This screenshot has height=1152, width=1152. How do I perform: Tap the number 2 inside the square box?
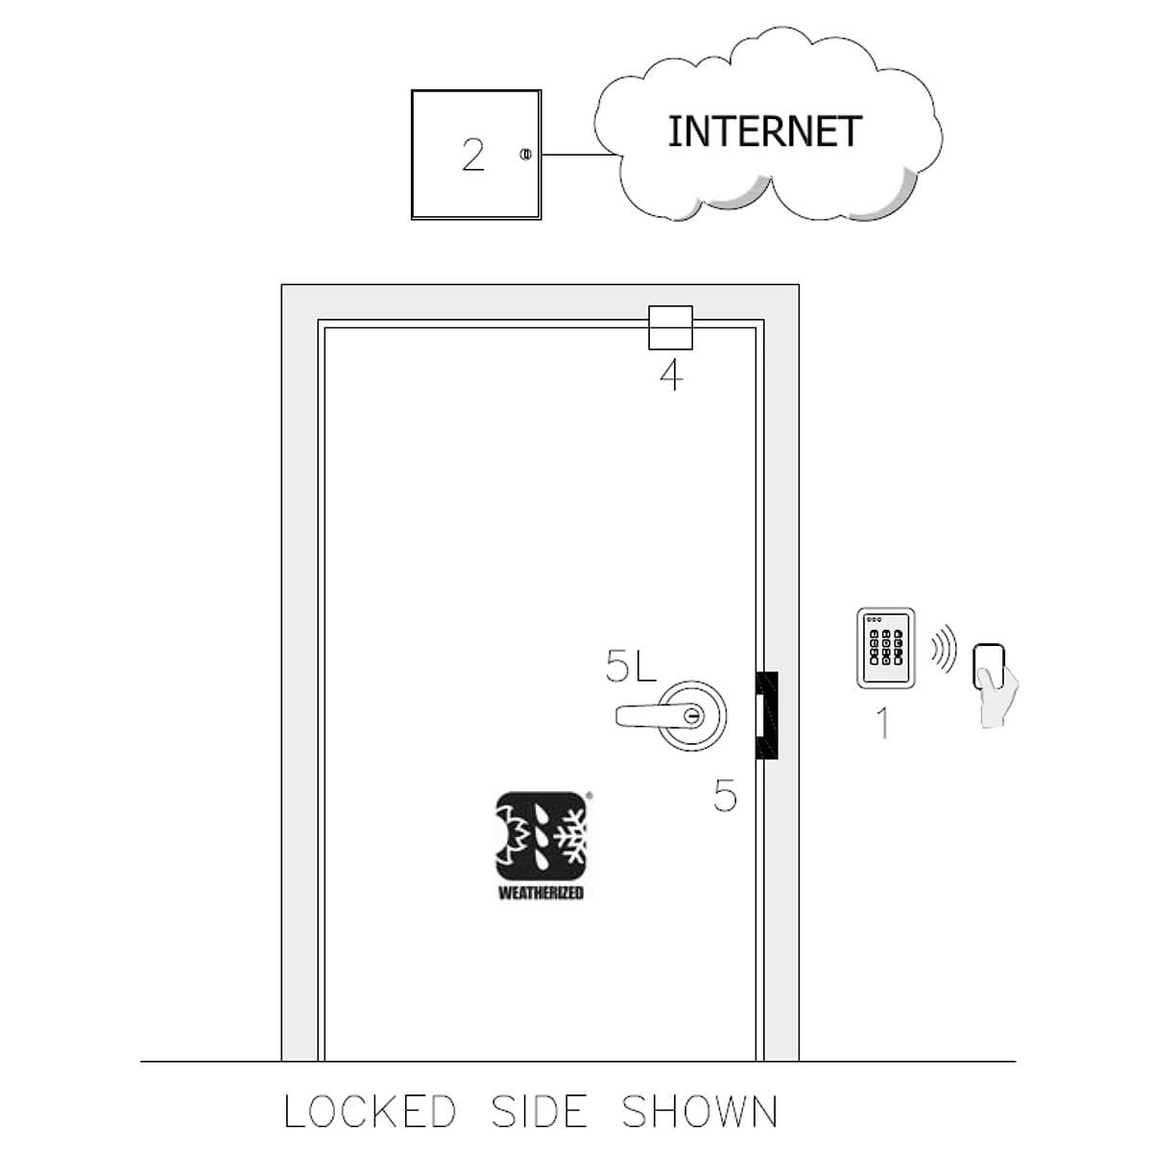click(473, 155)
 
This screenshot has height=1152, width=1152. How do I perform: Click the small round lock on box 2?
click(525, 155)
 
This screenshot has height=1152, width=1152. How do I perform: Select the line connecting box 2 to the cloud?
click(579, 155)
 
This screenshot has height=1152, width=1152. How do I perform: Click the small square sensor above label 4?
click(670, 327)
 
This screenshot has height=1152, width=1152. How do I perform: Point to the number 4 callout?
click(671, 376)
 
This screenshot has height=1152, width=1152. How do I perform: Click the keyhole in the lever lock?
click(692, 714)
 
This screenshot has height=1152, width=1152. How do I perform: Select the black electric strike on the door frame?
click(767, 715)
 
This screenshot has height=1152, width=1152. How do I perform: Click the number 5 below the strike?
click(725, 796)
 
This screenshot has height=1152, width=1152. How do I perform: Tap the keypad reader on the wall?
click(885, 648)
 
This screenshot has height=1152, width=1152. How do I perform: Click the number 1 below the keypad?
click(883, 723)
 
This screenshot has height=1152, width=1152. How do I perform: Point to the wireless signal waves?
click(944, 649)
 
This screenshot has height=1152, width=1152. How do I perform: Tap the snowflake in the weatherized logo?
click(569, 837)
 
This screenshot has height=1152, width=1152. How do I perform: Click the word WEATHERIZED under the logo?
click(541, 893)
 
